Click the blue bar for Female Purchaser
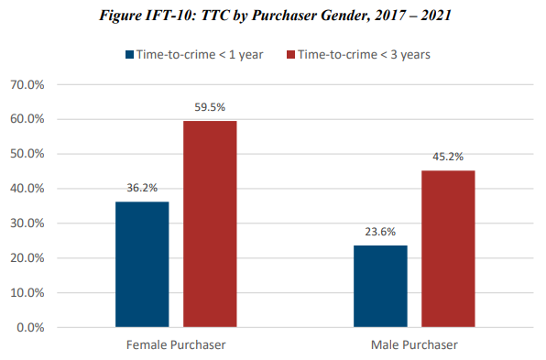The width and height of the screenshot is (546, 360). click(142, 264)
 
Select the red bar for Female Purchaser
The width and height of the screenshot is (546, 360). click(210, 224)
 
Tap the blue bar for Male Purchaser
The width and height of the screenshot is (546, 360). click(380, 286)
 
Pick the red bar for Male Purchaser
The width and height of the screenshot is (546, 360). click(448, 248)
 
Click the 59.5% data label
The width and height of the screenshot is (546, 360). click(210, 107)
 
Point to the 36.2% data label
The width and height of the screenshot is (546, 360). click(142, 189)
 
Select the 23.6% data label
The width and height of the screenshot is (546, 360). click(380, 233)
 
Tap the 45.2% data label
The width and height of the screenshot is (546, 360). click(448, 158)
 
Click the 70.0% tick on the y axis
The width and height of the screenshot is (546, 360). click(34, 84)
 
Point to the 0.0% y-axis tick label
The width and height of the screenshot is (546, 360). click(38, 327)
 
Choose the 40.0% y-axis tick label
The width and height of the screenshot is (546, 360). click(34, 189)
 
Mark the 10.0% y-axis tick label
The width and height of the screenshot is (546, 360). click(34, 293)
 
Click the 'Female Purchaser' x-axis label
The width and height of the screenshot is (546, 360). click(176, 344)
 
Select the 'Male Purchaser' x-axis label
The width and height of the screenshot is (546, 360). click(414, 344)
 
